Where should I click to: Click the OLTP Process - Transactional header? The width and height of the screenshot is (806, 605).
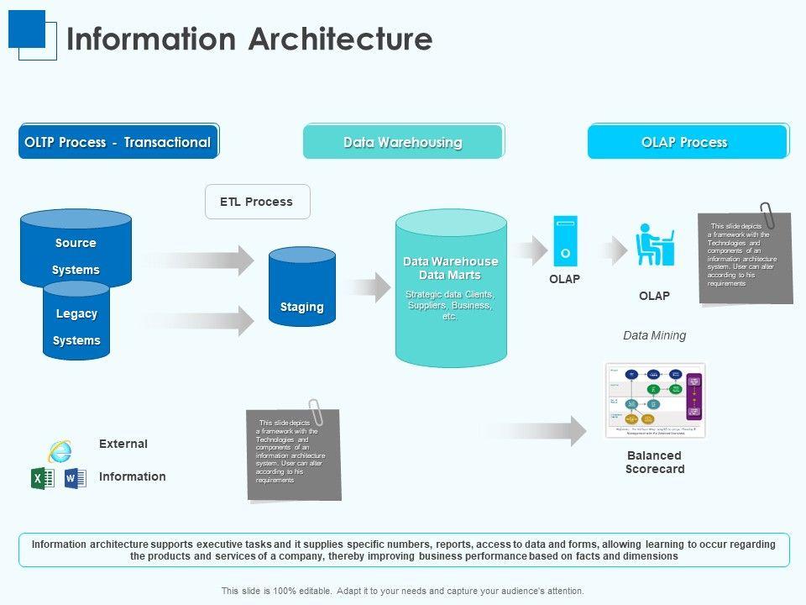(x=118, y=142)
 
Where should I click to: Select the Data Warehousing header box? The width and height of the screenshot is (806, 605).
(x=403, y=142)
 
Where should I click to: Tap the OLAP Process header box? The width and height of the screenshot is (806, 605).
(x=687, y=142)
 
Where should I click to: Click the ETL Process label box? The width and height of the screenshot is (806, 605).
(x=257, y=202)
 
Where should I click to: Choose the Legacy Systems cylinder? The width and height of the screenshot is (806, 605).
(x=76, y=326)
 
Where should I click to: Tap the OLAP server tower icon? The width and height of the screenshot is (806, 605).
(x=565, y=241)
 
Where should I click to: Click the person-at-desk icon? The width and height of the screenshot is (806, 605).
(x=655, y=245)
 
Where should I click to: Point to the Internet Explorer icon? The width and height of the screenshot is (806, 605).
(x=60, y=450)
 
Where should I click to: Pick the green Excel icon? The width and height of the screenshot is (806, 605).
(x=42, y=478)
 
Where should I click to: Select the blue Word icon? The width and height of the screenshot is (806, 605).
(x=75, y=478)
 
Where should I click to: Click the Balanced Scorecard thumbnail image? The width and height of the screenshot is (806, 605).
(x=655, y=401)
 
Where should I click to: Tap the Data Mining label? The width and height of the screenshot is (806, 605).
(x=654, y=335)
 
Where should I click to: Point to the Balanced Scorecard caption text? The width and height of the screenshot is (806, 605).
(x=655, y=462)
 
